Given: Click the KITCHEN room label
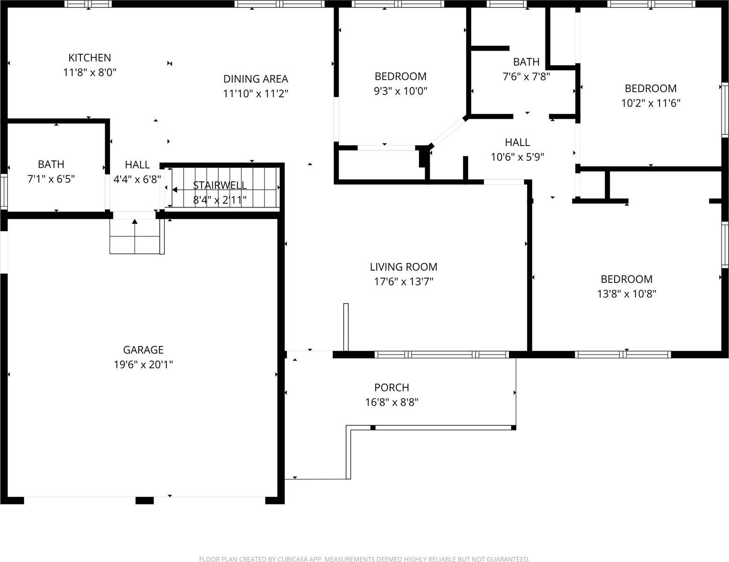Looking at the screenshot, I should [x=89, y=58].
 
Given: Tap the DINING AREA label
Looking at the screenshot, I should [x=255, y=79].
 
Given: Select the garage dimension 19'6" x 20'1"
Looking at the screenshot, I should [x=143, y=364].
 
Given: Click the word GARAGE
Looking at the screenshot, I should [x=143, y=350].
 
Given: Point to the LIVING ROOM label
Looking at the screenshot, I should [x=403, y=267].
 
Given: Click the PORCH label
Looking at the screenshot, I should [x=392, y=387].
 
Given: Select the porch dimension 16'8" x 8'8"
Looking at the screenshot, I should [x=392, y=402].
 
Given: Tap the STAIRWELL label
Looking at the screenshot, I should [x=220, y=185].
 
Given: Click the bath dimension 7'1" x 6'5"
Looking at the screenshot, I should [x=51, y=179].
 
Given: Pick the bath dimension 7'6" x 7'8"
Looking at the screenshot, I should [x=526, y=76].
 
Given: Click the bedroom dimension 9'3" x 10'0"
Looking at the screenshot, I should [x=401, y=91].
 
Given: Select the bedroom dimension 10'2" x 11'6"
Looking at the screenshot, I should [x=651, y=103].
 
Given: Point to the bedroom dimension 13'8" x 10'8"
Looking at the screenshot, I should [x=626, y=294].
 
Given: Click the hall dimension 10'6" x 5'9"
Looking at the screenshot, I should [x=517, y=157].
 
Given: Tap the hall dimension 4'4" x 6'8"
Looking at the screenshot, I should [x=137, y=179].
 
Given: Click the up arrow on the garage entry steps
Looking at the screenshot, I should [x=135, y=222].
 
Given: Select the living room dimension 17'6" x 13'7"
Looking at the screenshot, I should [x=403, y=281].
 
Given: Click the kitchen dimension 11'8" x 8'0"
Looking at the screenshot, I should [x=89, y=73].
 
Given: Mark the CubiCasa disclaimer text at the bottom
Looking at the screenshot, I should [x=364, y=559].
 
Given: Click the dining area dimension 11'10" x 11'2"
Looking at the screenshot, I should [x=255, y=94].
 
